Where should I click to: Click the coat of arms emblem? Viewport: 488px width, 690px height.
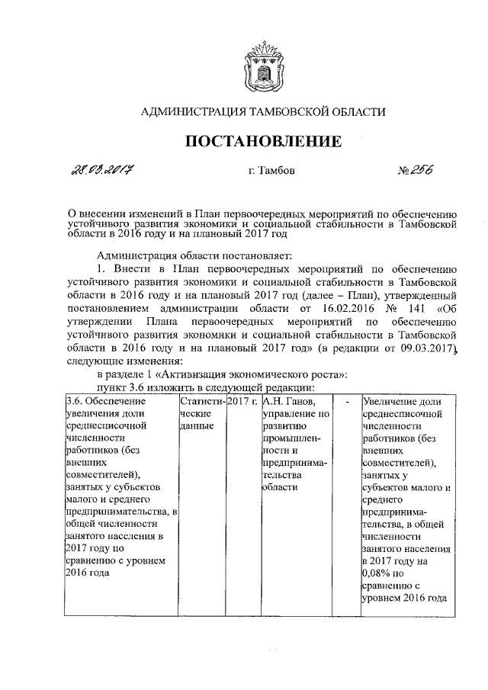click(x=263, y=66)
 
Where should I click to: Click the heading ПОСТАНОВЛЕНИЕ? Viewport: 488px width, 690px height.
click(x=263, y=141)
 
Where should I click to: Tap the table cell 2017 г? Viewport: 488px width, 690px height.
click(x=242, y=400)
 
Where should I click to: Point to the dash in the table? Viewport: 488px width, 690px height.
click(x=348, y=400)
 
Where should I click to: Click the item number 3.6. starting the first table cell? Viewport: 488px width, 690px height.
click(x=75, y=400)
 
